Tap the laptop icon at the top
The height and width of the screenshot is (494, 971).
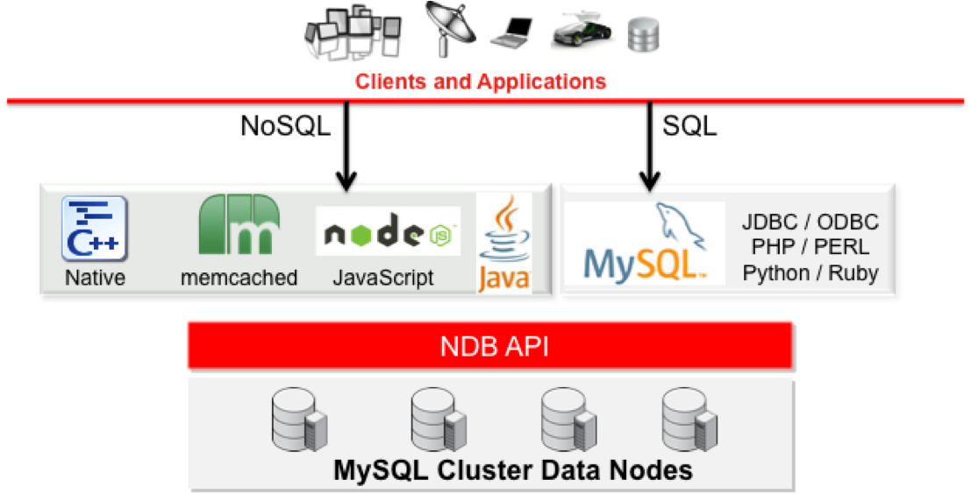[x=513, y=34]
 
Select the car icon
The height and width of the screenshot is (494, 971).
[x=582, y=32]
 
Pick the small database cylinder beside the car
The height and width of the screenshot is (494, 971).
[x=644, y=34]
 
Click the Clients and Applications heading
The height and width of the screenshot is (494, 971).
[x=480, y=81]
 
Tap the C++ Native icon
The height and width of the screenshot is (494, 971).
[x=94, y=229]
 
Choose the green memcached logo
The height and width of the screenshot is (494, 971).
[x=239, y=229]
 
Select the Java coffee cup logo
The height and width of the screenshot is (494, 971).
[x=504, y=242]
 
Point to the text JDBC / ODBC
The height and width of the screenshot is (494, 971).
[x=810, y=222]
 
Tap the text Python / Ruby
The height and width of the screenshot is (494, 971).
[x=810, y=273]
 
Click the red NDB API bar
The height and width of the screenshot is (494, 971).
[x=490, y=347]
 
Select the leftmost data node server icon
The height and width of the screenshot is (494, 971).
[x=296, y=420]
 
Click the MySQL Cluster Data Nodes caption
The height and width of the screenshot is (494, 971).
[x=513, y=469]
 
